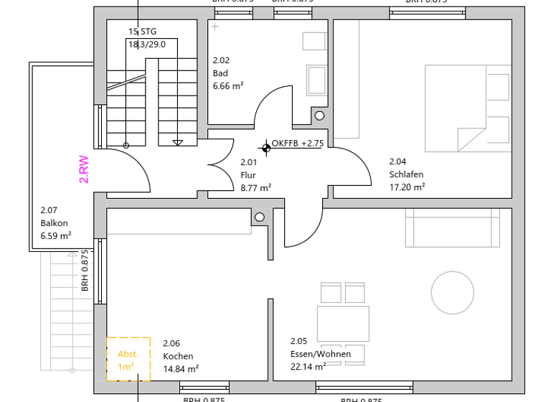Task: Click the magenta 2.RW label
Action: coord(84,170)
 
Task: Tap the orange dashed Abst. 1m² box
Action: coord(128,359)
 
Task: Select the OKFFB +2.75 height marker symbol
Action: coord(267,148)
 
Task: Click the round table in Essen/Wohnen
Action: coord(453,292)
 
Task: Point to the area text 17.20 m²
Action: coord(407,187)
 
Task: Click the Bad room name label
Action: coord(220,73)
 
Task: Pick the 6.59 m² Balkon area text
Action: coord(55,235)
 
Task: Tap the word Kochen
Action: coord(178,356)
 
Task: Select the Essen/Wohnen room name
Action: coord(321,354)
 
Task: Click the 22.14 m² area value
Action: coord(309,366)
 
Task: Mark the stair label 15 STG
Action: coord(142,32)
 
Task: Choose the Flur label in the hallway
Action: coord(248,175)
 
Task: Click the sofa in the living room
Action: coord(452,227)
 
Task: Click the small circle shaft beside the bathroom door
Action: coord(319,116)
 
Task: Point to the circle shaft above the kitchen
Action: coord(260,217)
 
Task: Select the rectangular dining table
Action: coord(343,323)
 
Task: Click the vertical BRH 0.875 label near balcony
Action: coord(85,270)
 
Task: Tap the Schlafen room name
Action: coord(406,174)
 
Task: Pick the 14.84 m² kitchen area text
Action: coord(181,368)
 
